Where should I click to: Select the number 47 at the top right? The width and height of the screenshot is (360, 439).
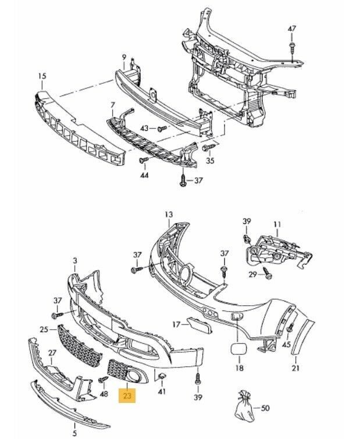(292, 28)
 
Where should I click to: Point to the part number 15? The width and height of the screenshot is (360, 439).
(42, 76)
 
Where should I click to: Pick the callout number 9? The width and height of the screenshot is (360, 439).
(124, 56)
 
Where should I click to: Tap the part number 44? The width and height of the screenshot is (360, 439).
(144, 174)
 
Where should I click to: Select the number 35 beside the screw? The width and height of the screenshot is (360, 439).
(210, 161)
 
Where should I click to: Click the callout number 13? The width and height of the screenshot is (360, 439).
(169, 215)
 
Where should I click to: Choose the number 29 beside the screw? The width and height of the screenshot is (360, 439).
(252, 274)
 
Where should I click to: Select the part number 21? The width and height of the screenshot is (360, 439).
(295, 368)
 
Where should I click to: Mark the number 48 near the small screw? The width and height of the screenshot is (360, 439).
(104, 394)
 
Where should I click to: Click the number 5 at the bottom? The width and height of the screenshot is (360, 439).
(74, 433)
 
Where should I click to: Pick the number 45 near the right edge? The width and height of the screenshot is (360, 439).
(286, 345)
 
